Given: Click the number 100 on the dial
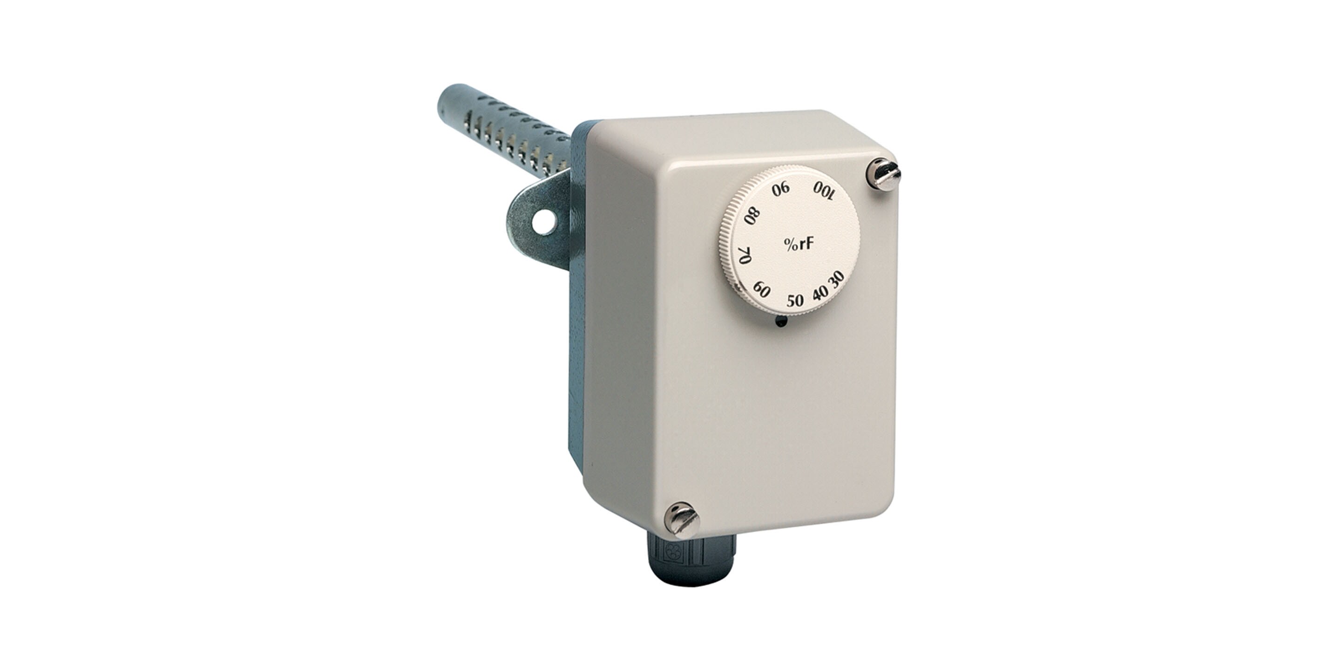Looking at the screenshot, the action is pos(824,191).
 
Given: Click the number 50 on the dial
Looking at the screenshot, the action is pos(795,301).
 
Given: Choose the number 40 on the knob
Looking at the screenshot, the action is pos(821,292).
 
